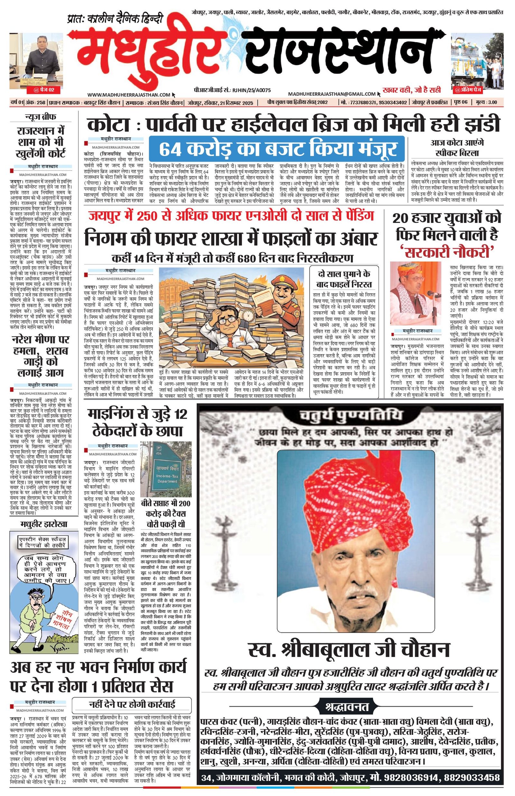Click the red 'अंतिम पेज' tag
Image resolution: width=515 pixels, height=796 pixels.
coord(477,90)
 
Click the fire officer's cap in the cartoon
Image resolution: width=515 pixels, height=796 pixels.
coord(280,280)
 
